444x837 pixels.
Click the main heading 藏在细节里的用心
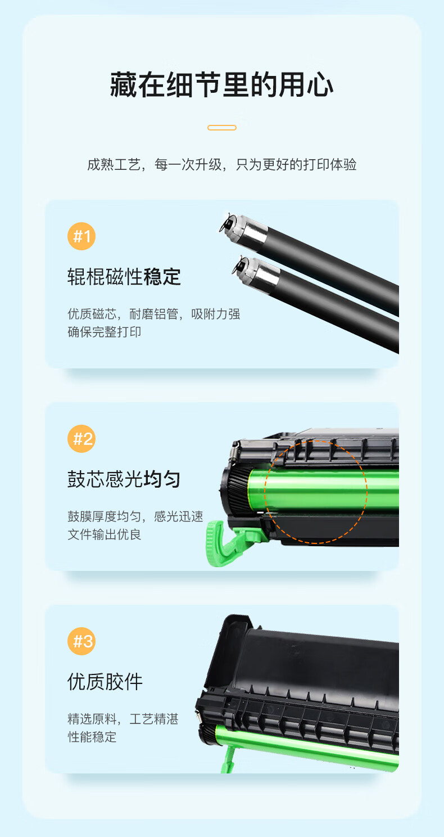pos(222,85)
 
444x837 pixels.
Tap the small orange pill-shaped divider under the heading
pos(222,128)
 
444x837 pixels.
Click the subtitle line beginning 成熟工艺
pos(222,164)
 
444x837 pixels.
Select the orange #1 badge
pos(81,236)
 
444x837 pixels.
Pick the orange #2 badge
pos(81,439)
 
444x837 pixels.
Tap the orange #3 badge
pos(81,641)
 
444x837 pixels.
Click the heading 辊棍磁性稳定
pos(124,277)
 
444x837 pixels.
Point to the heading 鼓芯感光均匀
pos(124,479)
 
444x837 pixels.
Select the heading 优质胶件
pos(105,682)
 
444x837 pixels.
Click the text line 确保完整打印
pos(104,332)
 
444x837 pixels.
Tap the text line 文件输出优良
pos(104,534)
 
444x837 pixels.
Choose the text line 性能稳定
pos(92,737)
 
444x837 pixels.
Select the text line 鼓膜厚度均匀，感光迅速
pos(135,516)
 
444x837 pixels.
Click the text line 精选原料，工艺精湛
pos(123,719)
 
